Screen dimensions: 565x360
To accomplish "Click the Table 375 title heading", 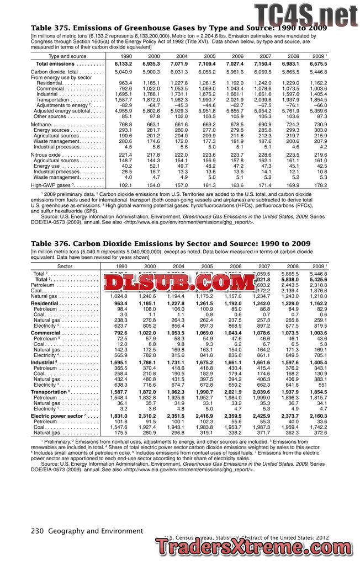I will (x=178, y=28).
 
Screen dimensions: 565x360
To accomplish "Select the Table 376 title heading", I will (x=163, y=243).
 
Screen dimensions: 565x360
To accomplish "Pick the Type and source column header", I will (x=67, y=56).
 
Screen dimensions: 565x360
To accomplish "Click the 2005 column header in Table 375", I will (x=209, y=56).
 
